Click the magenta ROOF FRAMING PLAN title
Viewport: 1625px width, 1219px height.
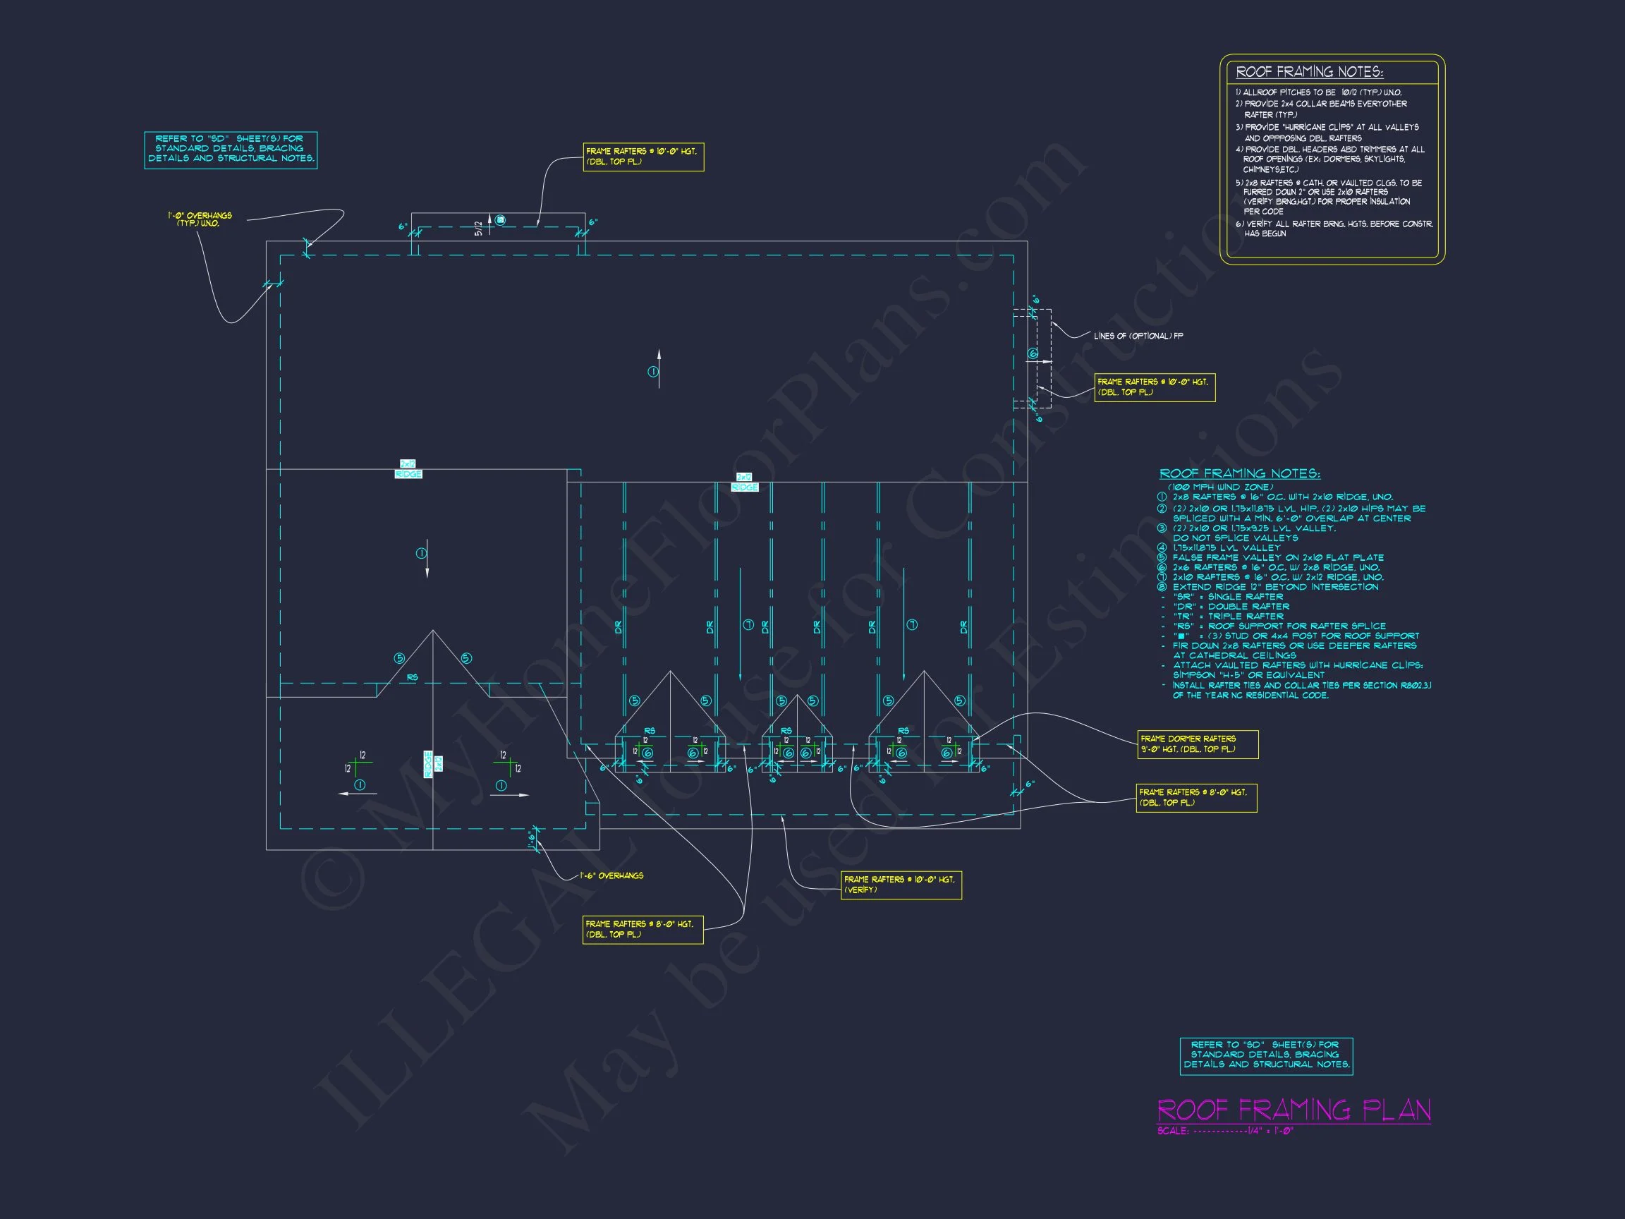coord(1294,1110)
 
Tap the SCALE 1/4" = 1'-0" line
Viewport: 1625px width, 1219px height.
coord(1224,1131)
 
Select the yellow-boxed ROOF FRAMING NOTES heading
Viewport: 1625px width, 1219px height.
coord(1309,72)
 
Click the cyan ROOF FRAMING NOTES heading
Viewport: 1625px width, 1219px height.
coord(1239,474)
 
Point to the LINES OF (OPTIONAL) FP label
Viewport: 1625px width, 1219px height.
coord(1138,336)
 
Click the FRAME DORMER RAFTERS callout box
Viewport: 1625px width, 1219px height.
coord(1198,744)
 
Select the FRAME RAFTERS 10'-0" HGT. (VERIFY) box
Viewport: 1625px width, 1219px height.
coord(901,885)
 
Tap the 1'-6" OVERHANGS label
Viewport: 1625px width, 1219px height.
coord(611,876)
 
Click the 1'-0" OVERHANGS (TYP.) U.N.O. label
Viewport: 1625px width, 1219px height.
coord(199,219)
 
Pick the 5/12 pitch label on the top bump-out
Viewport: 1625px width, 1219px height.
coord(479,229)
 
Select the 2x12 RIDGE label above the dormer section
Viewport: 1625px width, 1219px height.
coord(744,482)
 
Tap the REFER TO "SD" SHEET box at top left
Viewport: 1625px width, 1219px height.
coord(231,148)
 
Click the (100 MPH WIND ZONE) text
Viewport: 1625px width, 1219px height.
coord(1220,487)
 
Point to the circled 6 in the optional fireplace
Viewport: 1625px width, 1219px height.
coord(1033,354)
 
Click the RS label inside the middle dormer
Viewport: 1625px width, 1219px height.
coord(786,731)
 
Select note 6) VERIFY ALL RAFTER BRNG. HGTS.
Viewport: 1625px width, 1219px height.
coord(1333,229)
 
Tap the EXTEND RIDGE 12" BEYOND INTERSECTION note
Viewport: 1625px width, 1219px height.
coord(1275,587)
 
